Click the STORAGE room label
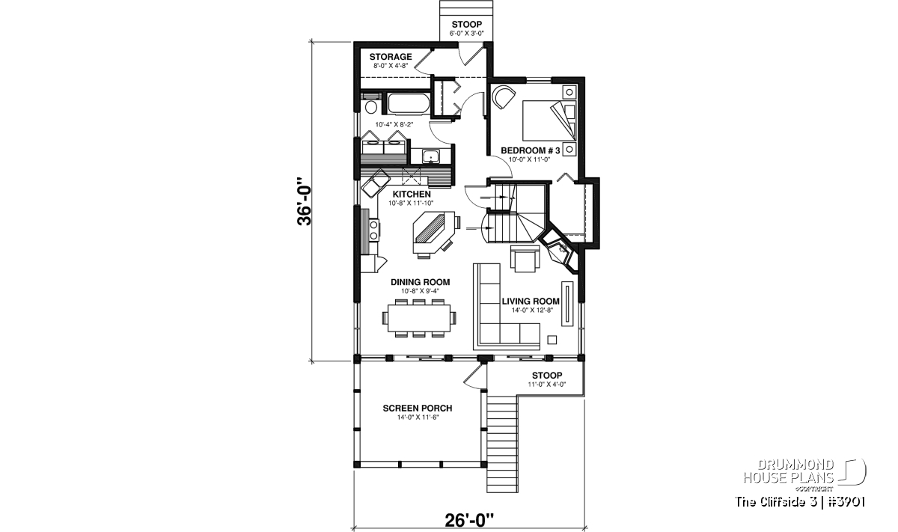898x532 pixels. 391,57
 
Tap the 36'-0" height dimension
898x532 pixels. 305,201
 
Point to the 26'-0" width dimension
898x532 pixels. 469,521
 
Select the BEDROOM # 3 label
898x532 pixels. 530,150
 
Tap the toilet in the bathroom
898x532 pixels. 371,103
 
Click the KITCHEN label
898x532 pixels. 412,194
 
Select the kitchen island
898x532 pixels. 434,233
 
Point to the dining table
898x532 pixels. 418,318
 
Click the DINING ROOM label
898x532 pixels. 420,282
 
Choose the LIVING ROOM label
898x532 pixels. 531,301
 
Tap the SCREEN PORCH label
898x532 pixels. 418,408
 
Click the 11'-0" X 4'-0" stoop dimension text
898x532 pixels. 547,384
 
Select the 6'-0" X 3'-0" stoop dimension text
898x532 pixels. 467,33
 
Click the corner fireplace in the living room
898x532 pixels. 558,252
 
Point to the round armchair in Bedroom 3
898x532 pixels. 503,97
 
